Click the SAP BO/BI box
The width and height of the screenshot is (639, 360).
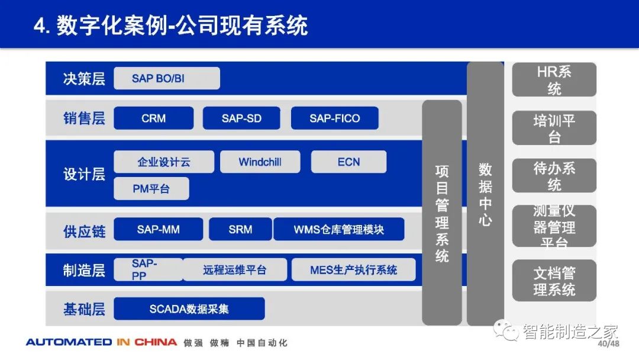click(167, 78)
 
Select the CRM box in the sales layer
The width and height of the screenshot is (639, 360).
click(154, 118)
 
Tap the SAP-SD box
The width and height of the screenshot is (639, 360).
click(241, 118)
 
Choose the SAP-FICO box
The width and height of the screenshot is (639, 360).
click(334, 118)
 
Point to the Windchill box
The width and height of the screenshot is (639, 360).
click(260, 162)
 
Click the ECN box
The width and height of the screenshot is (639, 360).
click(348, 162)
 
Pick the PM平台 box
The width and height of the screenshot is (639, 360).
click(151, 188)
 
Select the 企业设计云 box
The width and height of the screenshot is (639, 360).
click(164, 162)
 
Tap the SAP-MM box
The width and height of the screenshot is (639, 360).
click(158, 229)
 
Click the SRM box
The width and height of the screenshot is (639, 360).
click(240, 229)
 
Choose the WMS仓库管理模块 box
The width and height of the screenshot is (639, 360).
click(338, 229)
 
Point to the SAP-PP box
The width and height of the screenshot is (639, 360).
click(149, 269)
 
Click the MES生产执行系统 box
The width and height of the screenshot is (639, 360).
click(353, 269)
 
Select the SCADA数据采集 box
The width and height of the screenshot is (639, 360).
click(189, 308)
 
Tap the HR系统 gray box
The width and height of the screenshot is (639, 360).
click(554, 79)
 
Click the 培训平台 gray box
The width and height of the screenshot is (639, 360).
click(554, 128)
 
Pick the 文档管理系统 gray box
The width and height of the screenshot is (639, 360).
click(554, 281)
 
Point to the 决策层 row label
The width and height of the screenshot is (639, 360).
click(84, 79)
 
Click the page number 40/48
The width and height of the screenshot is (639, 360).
click(608, 343)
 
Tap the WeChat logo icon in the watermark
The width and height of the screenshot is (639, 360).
click(506, 330)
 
